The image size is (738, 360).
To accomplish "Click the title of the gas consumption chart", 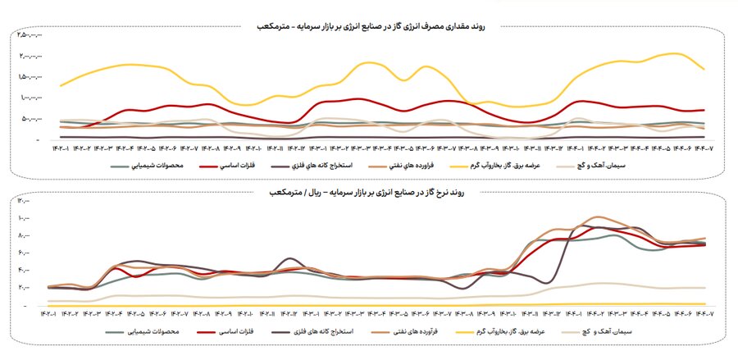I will [369, 27].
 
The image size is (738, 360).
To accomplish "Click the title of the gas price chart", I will [369, 192].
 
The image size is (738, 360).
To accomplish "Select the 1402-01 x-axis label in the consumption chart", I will [60, 148].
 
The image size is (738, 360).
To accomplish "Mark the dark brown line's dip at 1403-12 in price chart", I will [545, 283].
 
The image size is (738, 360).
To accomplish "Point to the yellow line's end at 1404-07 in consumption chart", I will [704, 70].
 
